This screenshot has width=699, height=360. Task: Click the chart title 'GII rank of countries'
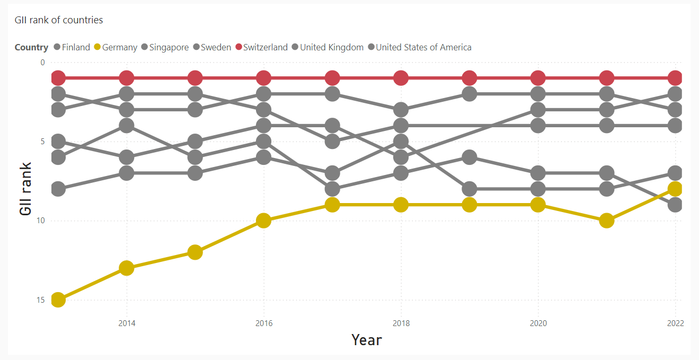tap(59, 20)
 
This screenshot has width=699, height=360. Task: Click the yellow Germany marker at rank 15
tap(58, 300)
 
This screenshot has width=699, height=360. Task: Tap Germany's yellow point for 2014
tap(126, 268)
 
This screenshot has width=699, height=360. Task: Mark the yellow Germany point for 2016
tap(263, 221)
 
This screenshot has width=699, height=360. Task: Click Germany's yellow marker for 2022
tap(675, 189)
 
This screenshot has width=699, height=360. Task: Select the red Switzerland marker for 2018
tap(401, 78)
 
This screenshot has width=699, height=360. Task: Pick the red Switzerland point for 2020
tap(538, 78)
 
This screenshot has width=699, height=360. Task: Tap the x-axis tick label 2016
tap(263, 323)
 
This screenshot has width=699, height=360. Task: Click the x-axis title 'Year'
tap(366, 339)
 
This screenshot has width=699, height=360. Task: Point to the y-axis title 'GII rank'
tap(25, 189)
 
